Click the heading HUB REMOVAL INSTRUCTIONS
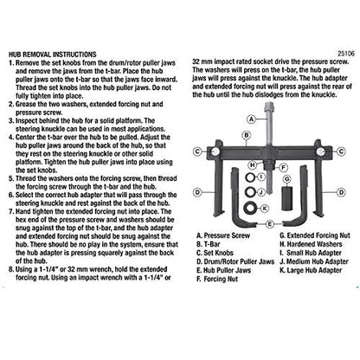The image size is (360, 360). click(x=53, y=55)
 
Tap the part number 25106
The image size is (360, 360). click(x=346, y=54)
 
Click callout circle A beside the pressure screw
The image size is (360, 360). click(x=252, y=119)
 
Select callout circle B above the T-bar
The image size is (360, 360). click(x=247, y=135)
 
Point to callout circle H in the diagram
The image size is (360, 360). click(x=253, y=165)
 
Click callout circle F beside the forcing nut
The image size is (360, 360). click(x=284, y=167)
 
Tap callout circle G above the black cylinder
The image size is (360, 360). click(x=287, y=179)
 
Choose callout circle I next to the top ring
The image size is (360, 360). click(x=261, y=177)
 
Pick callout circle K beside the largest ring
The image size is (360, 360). click(x=265, y=209)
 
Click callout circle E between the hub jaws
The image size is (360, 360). click(x=269, y=224)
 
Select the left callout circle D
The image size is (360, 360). click(x=197, y=192)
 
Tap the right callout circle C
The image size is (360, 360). click(x=341, y=151)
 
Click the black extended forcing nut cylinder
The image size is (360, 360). click(x=287, y=198)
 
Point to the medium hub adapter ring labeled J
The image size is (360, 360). click(x=250, y=191)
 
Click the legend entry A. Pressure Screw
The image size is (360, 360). click(x=223, y=235)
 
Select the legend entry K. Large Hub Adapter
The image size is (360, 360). click(x=311, y=270)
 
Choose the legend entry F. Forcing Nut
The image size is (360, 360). click(x=217, y=279)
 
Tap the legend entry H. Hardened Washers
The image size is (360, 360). click(x=311, y=244)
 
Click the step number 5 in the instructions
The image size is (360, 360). click(x=11, y=178)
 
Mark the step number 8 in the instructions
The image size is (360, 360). click(x=11, y=270)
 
